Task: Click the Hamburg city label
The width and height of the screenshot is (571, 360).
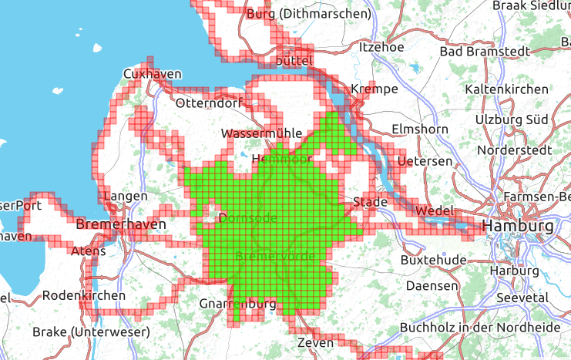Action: tap(517, 227)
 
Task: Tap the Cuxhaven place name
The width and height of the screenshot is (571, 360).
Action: tap(152, 74)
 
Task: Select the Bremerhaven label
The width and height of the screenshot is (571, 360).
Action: tap(122, 224)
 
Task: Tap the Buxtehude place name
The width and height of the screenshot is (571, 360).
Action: tap(433, 261)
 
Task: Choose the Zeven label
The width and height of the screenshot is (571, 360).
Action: tap(316, 342)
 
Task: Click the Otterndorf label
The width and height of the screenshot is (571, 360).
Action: tap(210, 103)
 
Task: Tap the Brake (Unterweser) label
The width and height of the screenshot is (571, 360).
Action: tap(91, 331)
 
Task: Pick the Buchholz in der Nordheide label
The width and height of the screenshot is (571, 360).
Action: tap(480, 327)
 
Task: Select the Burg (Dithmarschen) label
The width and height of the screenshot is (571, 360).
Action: tap(308, 13)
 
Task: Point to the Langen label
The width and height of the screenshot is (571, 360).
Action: tap(124, 197)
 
